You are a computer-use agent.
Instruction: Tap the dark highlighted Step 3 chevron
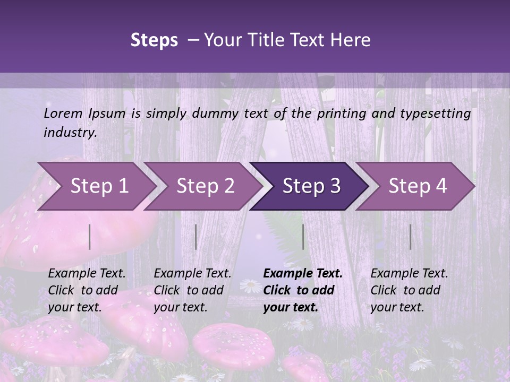(311, 186)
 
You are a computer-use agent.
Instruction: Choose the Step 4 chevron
(418, 186)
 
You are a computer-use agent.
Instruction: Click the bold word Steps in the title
(154, 40)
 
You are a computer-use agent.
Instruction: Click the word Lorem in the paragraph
(63, 113)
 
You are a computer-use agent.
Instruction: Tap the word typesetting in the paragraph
(439, 113)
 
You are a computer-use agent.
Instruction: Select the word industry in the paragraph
(70, 133)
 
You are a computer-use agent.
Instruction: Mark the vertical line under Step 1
(90, 237)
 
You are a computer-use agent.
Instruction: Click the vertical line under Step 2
(196, 237)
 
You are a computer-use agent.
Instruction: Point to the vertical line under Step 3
(303, 237)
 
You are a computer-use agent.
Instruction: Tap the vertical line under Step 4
(410, 237)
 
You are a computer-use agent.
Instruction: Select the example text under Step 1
(87, 290)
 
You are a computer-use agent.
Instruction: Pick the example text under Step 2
(192, 290)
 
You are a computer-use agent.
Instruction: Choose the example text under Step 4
(409, 290)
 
